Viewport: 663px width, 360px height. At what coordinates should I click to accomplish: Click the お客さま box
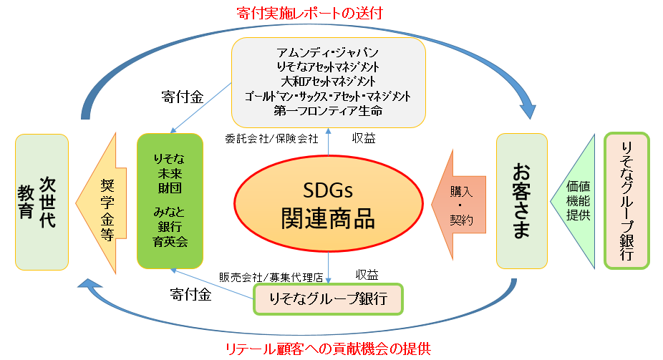(521, 201)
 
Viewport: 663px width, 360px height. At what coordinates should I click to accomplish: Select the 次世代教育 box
(42, 201)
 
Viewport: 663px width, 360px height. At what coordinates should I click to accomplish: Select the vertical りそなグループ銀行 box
(626, 201)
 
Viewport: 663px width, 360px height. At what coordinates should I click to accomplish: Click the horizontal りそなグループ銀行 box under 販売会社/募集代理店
(329, 298)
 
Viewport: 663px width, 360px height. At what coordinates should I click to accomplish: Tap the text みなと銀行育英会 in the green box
(170, 226)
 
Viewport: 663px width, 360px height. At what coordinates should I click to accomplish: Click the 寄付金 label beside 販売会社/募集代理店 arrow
(190, 294)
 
